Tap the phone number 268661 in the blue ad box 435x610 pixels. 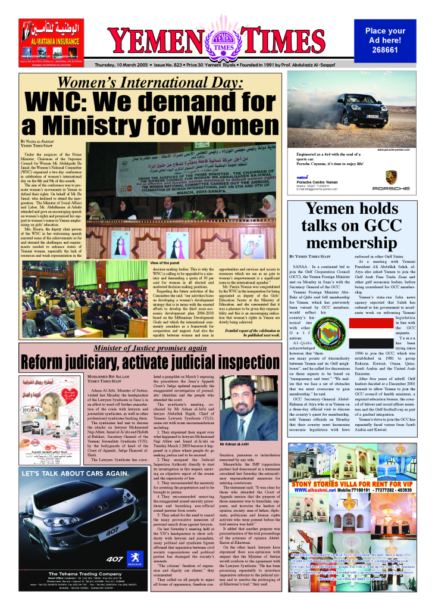click(384, 51)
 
